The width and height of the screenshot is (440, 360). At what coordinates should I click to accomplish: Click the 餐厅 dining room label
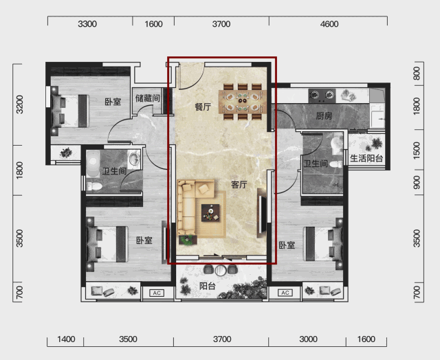(203, 106)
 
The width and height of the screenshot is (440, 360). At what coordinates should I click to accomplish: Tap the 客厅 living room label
(239, 185)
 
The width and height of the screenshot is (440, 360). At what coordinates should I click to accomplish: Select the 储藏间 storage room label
(148, 98)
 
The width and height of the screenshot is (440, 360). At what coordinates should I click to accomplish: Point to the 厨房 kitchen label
(324, 115)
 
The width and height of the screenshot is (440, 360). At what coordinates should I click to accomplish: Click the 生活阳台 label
(366, 159)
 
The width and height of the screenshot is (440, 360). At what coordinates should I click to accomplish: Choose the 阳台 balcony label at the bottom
(208, 286)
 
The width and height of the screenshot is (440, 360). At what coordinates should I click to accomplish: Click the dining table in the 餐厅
(243, 102)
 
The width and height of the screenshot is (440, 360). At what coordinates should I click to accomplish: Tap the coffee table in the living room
(210, 213)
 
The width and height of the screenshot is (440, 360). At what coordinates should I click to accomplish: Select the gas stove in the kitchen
(322, 96)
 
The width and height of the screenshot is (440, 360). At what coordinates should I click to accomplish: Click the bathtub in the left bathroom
(93, 164)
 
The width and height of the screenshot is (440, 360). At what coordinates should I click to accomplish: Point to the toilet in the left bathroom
(94, 186)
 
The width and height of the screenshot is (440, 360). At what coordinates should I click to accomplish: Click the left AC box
(157, 293)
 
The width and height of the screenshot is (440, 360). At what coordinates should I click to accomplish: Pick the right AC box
(285, 293)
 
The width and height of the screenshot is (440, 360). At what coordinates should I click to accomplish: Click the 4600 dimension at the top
(329, 24)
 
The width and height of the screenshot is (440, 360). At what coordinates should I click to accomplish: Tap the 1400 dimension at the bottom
(66, 339)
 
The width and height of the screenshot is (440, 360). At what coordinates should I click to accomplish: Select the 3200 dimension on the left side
(20, 104)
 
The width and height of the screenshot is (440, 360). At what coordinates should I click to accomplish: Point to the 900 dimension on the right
(417, 182)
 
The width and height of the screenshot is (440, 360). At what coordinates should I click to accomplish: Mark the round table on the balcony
(221, 270)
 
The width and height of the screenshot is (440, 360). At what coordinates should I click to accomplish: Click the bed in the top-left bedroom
(70, 111)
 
